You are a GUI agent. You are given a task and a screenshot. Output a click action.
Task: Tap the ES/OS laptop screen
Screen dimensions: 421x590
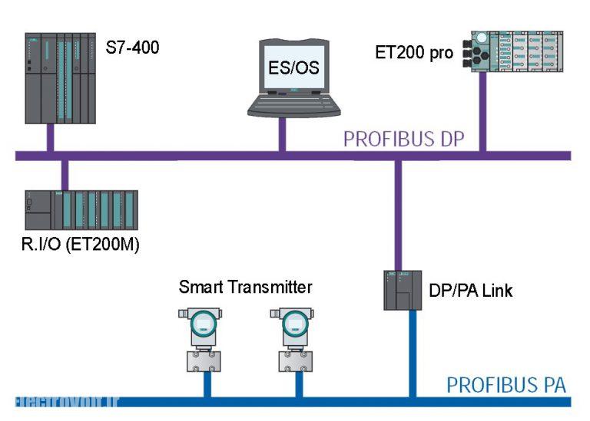294,67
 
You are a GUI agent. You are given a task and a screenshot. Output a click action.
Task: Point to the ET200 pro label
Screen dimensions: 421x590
413,53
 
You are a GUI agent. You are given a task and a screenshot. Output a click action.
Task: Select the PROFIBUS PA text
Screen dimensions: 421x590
506,383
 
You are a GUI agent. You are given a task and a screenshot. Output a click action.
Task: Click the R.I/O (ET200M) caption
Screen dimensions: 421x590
80,246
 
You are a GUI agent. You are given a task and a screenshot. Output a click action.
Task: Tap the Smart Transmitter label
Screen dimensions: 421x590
245,288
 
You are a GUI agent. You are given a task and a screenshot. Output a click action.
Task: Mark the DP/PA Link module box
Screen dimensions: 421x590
403,291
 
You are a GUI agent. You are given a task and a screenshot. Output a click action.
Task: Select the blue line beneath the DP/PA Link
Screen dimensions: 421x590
413,353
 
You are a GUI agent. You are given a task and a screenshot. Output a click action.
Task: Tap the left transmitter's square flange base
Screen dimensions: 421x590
204,360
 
